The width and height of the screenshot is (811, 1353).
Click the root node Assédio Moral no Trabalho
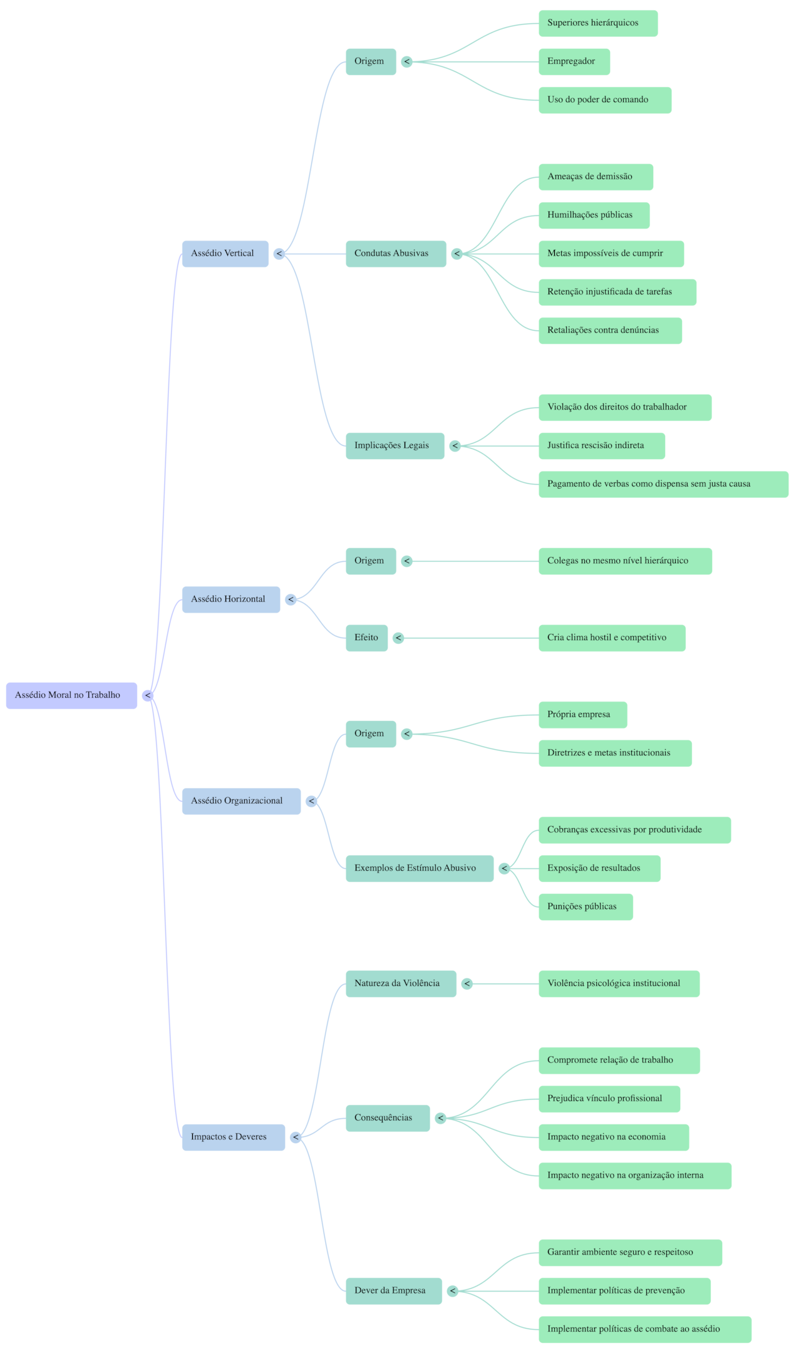pos(71,695)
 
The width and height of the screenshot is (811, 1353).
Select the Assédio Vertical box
pos(225,254)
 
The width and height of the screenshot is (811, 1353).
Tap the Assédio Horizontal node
pos(231,599)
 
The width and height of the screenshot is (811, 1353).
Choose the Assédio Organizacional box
pos(241,801)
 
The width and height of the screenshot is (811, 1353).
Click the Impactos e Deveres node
pos(233,1137)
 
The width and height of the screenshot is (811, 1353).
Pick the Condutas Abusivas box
pos(396,254)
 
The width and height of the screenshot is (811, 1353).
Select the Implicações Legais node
pos(395,446)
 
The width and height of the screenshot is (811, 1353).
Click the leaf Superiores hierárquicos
pos(598,23)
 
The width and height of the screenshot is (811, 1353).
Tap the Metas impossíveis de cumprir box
pos(611,254)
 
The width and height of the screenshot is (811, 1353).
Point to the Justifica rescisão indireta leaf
pos(601,446)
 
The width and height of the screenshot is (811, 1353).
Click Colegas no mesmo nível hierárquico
pos(625,561)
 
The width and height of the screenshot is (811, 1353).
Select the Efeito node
pos(366,638)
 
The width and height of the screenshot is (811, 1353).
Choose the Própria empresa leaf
pos(582,715)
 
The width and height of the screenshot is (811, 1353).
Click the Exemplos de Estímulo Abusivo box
pos(419,868)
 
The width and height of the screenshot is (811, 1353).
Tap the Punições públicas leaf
pos(586,906)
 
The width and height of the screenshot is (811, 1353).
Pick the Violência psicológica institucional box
pos(619,983)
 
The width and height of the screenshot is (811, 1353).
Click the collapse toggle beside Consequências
pos(440,1118)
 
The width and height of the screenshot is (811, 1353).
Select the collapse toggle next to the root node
pos(148,695)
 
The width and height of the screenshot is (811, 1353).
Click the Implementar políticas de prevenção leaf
pos(624,1290)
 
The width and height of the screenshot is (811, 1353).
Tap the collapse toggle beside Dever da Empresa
pos(452,1290)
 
